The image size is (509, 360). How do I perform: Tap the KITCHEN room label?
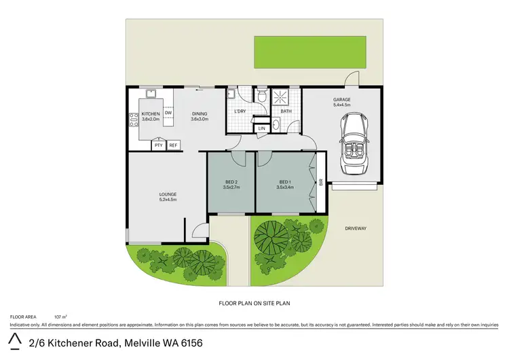point(150,113)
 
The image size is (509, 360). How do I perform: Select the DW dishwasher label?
point(168,113)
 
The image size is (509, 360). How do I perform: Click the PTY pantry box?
point(158,145)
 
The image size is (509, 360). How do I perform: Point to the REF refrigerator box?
point(173,145)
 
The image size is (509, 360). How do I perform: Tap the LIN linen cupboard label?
point(261,128)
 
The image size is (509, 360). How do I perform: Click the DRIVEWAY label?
point(354,228)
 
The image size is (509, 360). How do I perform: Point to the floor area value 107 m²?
point(60,317)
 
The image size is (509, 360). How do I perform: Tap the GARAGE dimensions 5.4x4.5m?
point(341,105)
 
